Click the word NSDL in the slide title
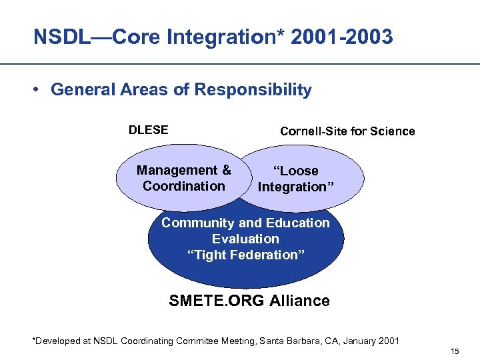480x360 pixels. [x=58, y=37]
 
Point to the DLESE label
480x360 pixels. [x=148, y=130]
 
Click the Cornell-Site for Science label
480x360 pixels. [x=347, y=131]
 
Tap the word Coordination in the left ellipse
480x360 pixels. [x=184, y=186]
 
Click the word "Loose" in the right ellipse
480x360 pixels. [x=297, y=171]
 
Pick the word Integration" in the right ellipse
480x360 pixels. [x=291, y=187]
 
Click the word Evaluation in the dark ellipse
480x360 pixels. [x=245, y=239]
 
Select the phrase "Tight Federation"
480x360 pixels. [x=245, y=255]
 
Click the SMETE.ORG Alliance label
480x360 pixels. [x=249, y=301]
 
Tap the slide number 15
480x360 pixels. [x=455, y=351]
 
